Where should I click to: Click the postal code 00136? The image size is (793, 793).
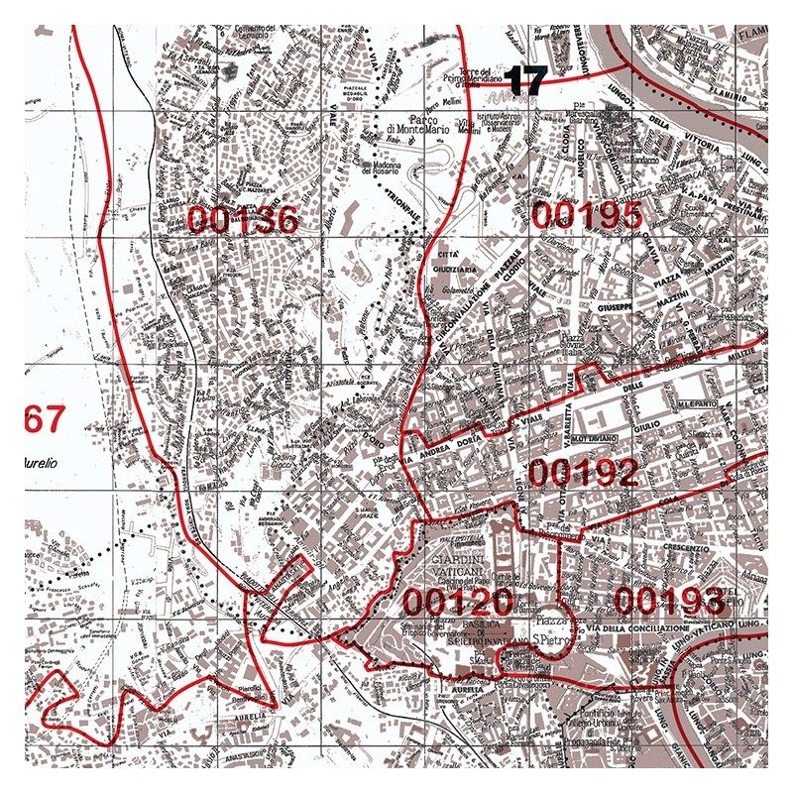(x=242, y=220)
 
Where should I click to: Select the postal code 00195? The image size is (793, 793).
(x=586, y=214)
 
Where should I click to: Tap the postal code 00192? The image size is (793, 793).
(x=582, y=473)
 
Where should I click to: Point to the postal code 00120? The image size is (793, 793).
(x=457, y=601)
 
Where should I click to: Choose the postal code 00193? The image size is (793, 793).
(x=669, y=600)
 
